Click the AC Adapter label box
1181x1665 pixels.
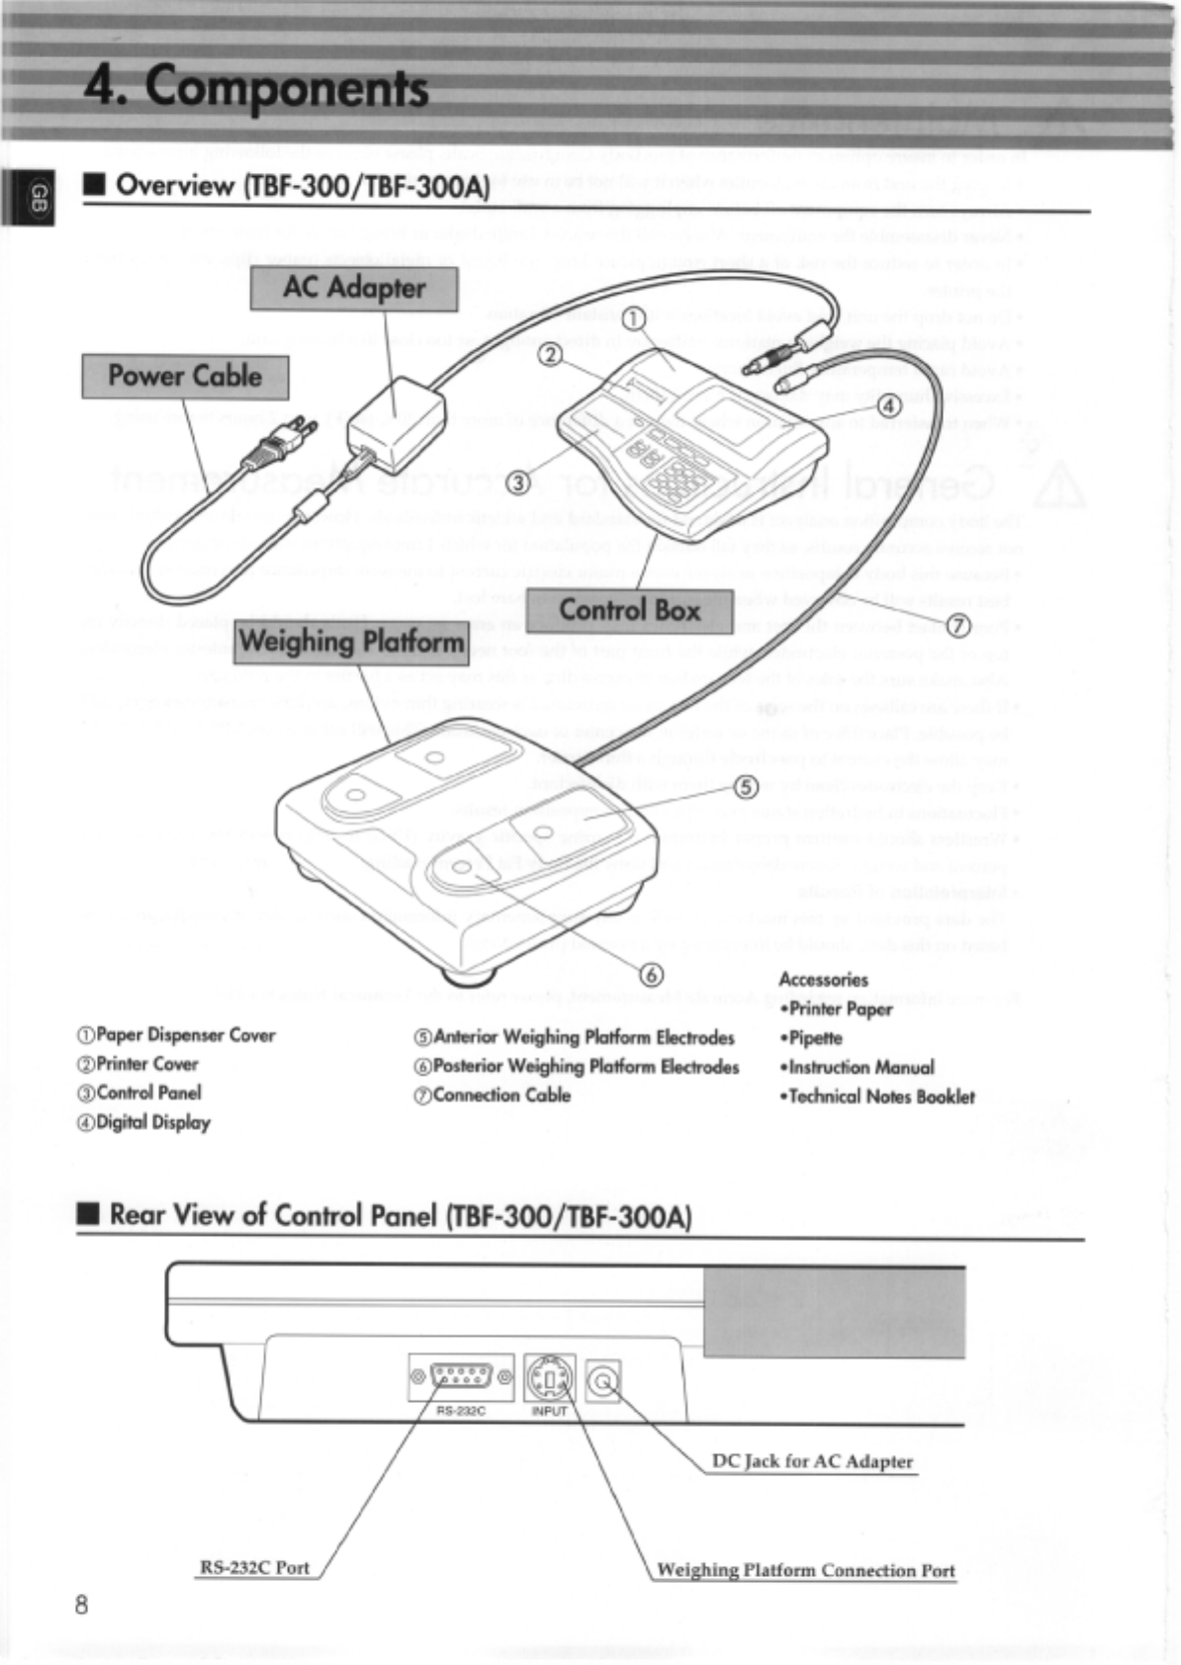click(353, 289)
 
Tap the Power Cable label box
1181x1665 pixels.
click(185, 377)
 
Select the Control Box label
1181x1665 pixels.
click(629, 610)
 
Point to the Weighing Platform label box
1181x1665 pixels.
click(352, 643)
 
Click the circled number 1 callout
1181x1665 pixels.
click(633, 317)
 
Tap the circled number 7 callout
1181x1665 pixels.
click(957, 625)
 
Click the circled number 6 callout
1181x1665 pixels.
click(652, 975)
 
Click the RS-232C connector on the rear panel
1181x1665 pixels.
click(462, 1376)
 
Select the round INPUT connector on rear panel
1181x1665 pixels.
click(550, 1377)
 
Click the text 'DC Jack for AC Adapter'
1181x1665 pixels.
click(812, 1461)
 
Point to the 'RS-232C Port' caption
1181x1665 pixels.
click(254, 1568)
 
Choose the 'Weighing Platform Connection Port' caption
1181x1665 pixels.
click(806, 1570)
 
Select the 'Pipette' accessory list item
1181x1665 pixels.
click(816, 1038)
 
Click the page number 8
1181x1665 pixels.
click(81, 1604)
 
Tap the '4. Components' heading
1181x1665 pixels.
click(256, 87)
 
